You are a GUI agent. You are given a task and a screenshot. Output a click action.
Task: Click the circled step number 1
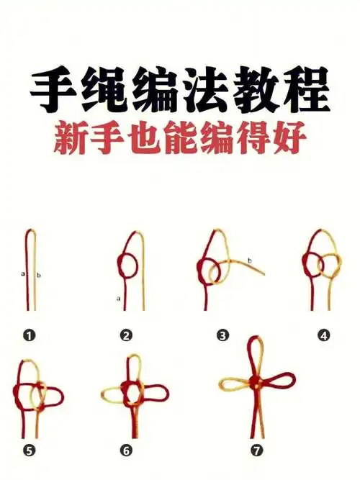(29, 335)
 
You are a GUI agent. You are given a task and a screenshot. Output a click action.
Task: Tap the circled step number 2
(126, 335)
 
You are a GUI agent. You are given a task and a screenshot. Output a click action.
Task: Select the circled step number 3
(223, 335)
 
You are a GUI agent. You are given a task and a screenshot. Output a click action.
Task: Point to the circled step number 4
(323, 335)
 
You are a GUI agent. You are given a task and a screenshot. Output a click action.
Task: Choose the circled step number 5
(29, 451)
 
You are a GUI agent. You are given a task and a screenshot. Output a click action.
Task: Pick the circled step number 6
(126, 451)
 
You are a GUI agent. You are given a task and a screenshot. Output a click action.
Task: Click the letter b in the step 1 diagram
(38, 275)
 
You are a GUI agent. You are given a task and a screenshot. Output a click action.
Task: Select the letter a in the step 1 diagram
(23, 274)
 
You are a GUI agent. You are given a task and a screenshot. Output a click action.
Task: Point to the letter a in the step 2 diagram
(117, 296)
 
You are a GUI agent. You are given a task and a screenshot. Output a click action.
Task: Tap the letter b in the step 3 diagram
(249, 260)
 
